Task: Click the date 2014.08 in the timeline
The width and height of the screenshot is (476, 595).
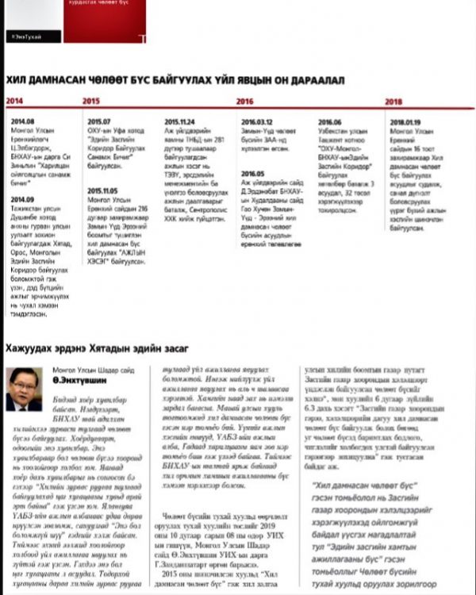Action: click(x=22, y=121)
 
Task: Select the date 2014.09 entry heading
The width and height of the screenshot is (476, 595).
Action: click(x=22, y=199)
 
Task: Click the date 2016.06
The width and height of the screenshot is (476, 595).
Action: click(x=329, y=121)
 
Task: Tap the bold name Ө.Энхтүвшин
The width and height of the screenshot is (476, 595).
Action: click(x=76, y=381)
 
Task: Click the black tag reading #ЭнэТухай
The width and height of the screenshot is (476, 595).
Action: click(x=25, y=36)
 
